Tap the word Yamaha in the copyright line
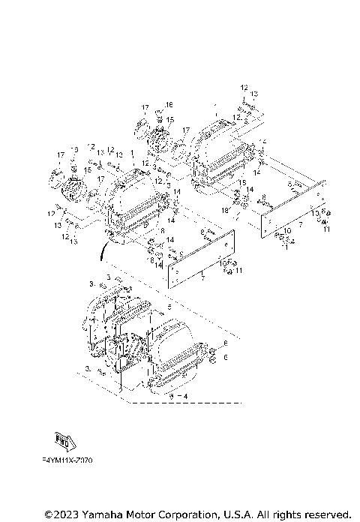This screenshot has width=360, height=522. click(92, 514)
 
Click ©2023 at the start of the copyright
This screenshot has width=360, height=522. click(58, 514)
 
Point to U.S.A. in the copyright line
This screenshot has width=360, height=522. click(232, 514)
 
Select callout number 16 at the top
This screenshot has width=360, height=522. click(169, 104)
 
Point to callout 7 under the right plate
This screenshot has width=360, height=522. click(299, 224)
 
